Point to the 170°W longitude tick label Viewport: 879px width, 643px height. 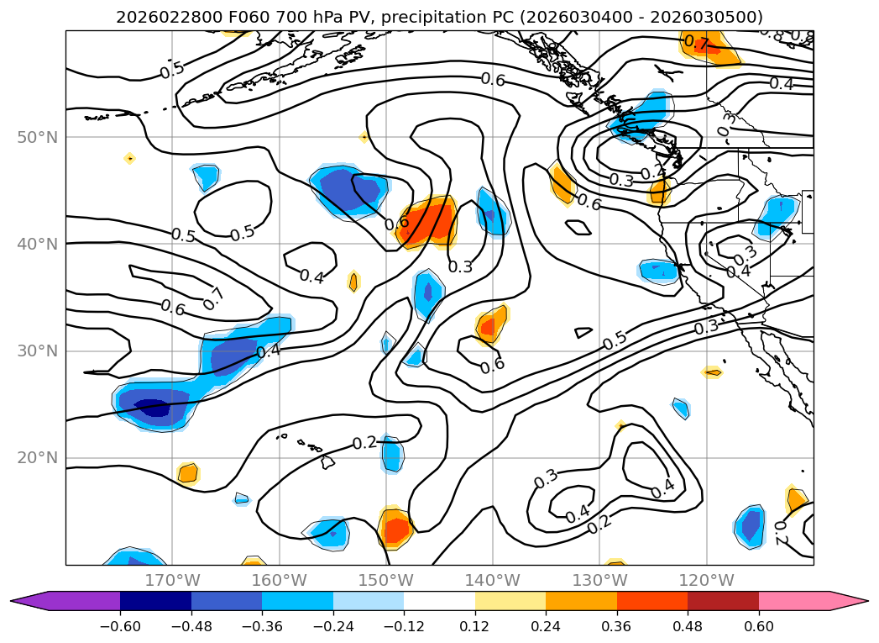(x=172, y=580)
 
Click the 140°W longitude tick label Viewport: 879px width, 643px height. (x=493, y=580)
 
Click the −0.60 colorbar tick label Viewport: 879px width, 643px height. (x=120, y=627)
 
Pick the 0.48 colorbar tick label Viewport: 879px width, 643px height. (x=688, y=627)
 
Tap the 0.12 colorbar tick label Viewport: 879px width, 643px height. (x=475, y=627)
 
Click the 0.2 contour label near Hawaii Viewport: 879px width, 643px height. (x=364, y=443)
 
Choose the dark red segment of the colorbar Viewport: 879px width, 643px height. (x=723, y=601)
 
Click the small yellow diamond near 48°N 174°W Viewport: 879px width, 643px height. (x=129, y=158)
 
